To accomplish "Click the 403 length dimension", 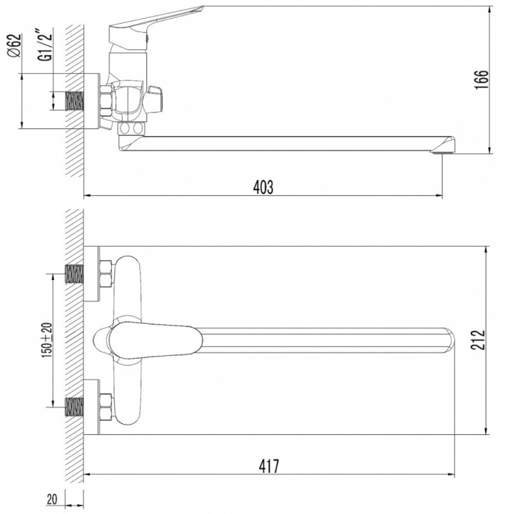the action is coord(263,188).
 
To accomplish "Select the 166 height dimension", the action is coord(481,79).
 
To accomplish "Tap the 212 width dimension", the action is coord(478,340).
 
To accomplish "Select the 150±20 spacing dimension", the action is coord(47,340).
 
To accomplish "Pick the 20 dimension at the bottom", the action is coord(52,499).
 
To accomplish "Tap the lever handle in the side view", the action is coord(154,21).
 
